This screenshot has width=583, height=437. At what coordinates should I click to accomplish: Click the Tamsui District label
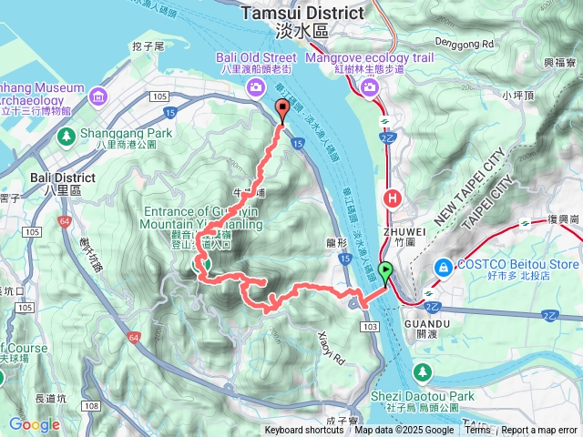(303, 13)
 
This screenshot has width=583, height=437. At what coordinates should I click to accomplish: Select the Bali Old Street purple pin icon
(253, 86)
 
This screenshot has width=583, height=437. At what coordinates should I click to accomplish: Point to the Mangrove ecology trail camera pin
(370, 86)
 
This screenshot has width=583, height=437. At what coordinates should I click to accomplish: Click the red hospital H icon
(393, 197)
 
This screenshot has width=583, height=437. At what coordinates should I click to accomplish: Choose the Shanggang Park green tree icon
(66, 136)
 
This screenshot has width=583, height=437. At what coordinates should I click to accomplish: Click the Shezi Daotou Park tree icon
(423, 372)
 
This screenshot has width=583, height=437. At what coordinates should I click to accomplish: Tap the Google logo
(35, 424)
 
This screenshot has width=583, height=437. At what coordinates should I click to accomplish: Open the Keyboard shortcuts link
(304, 431)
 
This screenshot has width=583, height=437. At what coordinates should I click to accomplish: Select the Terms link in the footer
(477, 431)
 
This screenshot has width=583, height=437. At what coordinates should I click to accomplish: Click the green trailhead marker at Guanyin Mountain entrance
(206, 265)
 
